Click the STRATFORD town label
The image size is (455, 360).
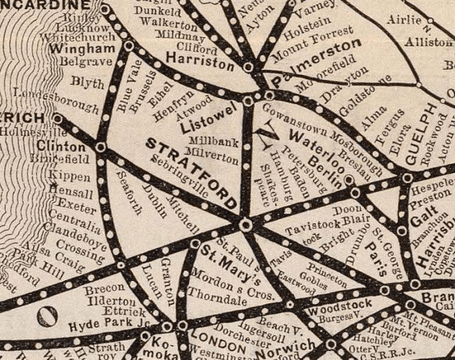pos(192,174)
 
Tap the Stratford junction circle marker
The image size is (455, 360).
pos(246,225)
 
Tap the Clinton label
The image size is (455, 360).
pos(61,147)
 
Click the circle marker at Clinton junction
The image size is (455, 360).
pos(101,147)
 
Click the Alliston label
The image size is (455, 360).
pos(428,43)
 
